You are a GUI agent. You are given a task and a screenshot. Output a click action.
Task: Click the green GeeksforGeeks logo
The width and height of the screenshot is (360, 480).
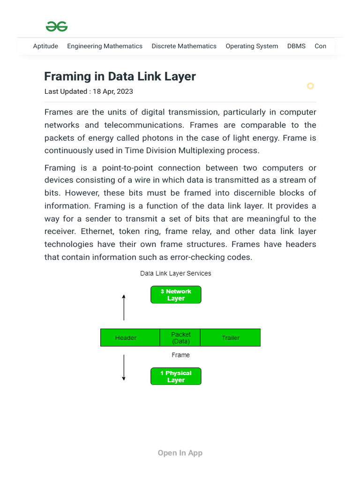pos(57,27)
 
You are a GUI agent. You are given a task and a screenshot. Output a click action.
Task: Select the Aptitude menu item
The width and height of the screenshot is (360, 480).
pos(45,46)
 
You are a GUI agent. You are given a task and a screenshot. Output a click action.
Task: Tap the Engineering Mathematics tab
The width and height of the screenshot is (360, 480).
pos(105,46)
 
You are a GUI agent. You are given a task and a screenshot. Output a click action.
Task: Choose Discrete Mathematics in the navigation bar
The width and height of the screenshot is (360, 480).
pos(184,46)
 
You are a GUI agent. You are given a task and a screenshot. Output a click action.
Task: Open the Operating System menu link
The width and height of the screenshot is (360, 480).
pos(252,46)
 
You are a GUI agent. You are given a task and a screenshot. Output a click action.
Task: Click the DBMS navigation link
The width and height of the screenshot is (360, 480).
pos(296,46)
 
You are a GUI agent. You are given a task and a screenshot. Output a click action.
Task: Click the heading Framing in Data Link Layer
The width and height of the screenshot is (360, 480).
pos(120,76)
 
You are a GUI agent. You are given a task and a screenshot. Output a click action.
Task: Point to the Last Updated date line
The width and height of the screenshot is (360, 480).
pos(89,91)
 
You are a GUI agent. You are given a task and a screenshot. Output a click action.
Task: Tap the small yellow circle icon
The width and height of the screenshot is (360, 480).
pos(310,86)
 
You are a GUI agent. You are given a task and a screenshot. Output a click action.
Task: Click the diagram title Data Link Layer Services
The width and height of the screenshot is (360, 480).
pos(175,273)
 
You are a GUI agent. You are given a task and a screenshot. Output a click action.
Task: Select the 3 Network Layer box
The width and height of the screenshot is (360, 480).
pos(176,295)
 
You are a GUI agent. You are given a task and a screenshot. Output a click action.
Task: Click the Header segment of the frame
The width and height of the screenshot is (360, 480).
pos(126,337)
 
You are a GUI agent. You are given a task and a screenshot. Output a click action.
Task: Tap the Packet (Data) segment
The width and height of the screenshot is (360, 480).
pos(180,337)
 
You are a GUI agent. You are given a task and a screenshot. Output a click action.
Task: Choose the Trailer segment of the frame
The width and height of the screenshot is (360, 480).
pos(231,337)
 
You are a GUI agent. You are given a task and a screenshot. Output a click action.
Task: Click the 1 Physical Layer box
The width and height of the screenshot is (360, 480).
pos(176,376)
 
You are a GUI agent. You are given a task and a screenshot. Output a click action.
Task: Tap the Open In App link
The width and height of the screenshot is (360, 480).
pos(180,453)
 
